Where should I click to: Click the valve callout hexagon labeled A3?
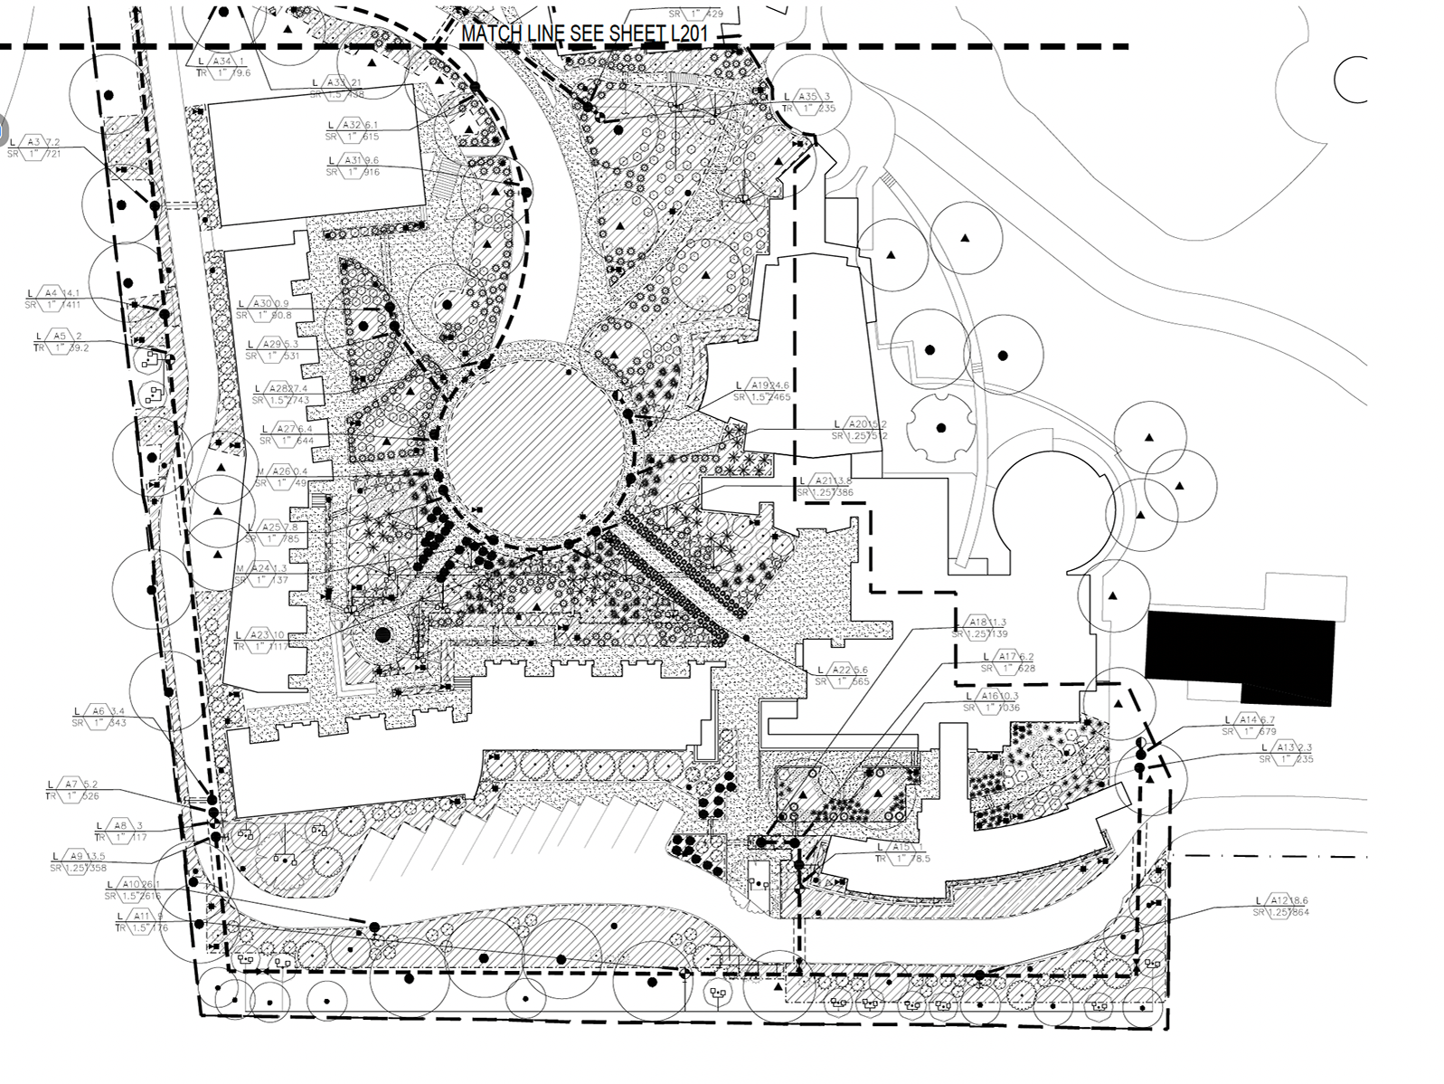point(35,142)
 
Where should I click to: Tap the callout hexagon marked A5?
point(61,336)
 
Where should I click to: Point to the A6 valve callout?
point(99,710)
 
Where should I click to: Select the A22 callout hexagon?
point(843,670)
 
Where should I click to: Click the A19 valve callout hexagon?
point(760,385)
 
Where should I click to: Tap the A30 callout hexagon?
point(263,303)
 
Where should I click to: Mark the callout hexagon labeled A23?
point(261,635)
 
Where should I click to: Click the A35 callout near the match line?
point(808,97)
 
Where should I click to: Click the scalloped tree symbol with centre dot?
point(941,427)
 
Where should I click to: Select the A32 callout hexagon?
point(351,125)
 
